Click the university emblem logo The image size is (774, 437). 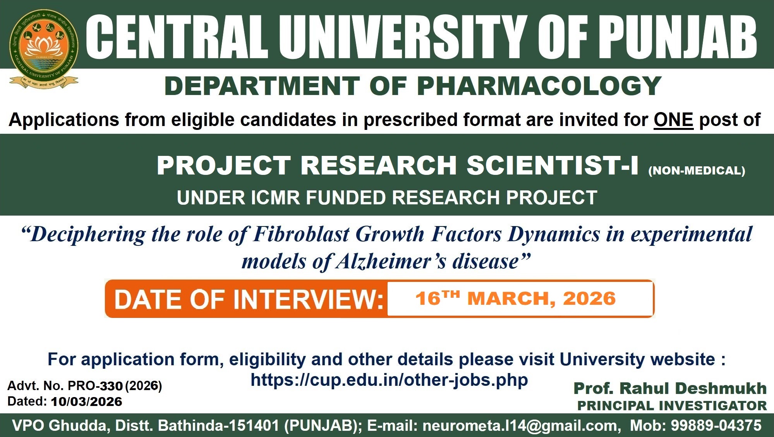[44, 49]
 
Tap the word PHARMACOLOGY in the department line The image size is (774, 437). [539, 86]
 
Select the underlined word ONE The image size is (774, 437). [673, 120]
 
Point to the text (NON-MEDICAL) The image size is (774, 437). [697, 171]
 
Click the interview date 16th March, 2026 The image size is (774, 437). [515, 299]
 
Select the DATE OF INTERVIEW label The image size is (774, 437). [249, 299]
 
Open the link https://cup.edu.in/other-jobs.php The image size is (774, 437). [389, 380]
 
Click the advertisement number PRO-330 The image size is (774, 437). [95, 386]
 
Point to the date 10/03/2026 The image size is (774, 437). [86, 402]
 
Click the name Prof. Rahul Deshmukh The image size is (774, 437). [670, 388]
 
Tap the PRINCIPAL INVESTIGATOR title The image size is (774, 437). [672, 406]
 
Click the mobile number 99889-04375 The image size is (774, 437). [716, 425]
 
